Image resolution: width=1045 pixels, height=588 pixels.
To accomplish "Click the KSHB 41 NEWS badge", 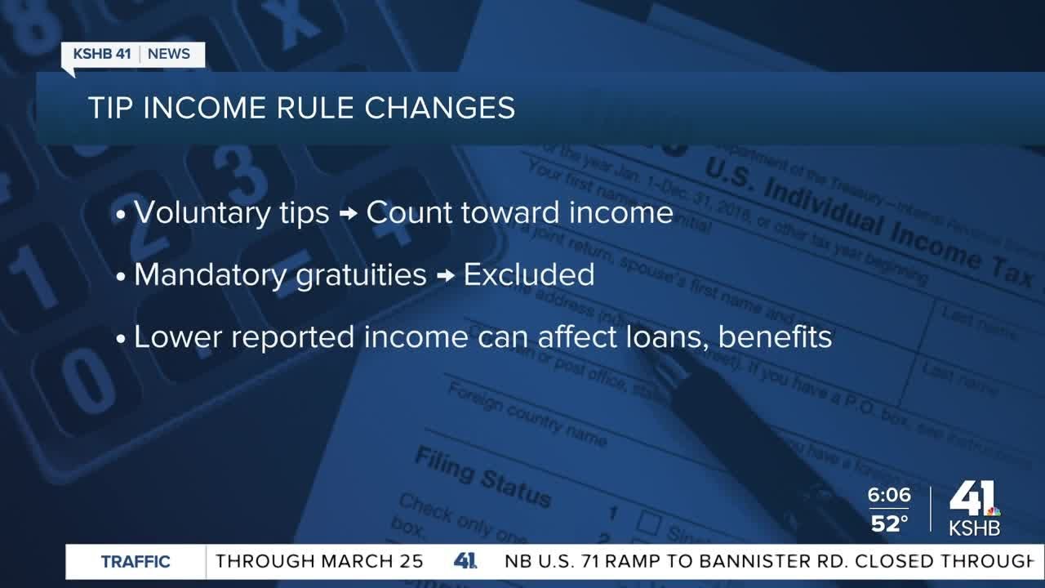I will (x=132, y=55).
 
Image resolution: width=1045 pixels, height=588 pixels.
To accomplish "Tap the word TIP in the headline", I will (x=111, y=109).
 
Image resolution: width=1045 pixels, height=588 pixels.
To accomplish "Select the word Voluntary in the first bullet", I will (x=191, y=213).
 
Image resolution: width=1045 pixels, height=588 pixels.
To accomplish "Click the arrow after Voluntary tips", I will (x=348, y=214).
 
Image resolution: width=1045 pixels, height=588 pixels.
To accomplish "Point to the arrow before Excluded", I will (x=445, y=276).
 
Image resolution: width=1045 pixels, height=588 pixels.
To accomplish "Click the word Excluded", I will (x=529, y=275).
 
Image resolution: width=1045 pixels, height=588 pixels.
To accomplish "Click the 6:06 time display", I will (x=890, y=496).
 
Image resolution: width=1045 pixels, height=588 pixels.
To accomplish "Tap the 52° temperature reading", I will (x=889, y=523).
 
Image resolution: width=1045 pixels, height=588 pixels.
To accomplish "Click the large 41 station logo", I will (x=974, y=499).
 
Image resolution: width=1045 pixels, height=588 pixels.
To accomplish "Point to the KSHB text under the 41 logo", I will (x=974, y=528).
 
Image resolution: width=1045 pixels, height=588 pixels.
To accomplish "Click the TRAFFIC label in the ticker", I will (x=136, y=562).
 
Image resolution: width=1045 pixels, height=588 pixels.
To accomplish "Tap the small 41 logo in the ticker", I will (x=465, y=562).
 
